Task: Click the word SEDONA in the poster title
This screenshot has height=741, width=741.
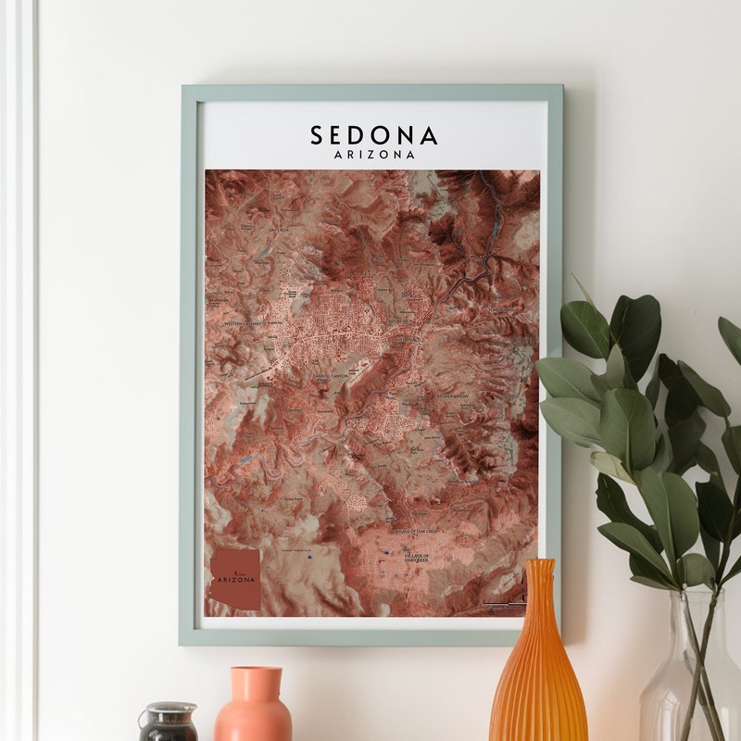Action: [373, 136]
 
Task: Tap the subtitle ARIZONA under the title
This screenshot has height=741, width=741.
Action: [373, 155]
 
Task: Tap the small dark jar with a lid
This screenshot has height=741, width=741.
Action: [168, 722]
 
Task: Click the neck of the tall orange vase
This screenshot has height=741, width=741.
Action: [538, 584]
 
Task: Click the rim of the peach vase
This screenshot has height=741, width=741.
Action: [255, 670]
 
